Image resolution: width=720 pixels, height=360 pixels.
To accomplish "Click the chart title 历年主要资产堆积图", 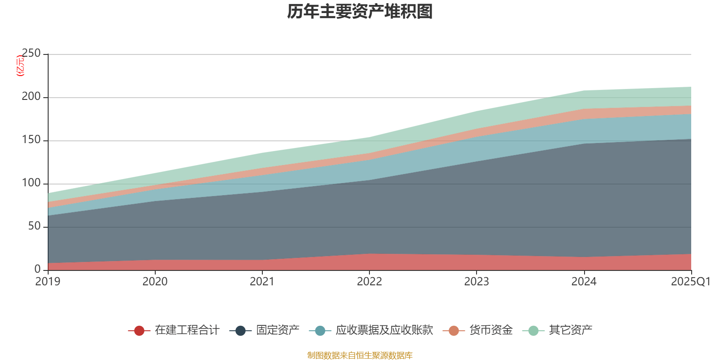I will (x=360, y=12).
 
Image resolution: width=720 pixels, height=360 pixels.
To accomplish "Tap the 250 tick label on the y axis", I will (x=31, y=54).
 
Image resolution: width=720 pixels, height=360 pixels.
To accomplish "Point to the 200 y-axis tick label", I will (x=31, y=97).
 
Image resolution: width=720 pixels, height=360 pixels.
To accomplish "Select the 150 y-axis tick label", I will (x=31, y=140).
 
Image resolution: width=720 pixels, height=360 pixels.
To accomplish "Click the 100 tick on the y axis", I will (x=31, y=183).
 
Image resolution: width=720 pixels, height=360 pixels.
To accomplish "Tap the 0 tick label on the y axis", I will (x=37, y=269).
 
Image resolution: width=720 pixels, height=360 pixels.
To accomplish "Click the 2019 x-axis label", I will (x=48, y=282).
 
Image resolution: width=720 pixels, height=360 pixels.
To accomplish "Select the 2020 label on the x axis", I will (x=155, y=282).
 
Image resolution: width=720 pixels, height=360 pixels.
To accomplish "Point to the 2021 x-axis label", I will (x=262, y=282).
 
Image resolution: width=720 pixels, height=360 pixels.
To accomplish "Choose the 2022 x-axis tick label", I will (x=369, y=282).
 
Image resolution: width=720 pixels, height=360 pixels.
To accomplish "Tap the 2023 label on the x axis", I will (x=477, y=282).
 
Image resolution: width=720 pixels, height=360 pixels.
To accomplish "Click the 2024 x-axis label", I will (x=584, y=282).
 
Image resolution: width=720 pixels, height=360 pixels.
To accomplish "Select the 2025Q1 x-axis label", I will (x=690, y=282).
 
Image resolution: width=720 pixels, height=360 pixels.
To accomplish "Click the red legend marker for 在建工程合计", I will (x=139, y=331).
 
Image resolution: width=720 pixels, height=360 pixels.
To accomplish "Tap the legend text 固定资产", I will (x=278, y=330).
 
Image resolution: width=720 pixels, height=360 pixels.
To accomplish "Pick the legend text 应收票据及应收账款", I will (x=384, y=330).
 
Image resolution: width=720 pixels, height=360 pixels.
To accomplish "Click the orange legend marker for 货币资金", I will (x=454, y=331).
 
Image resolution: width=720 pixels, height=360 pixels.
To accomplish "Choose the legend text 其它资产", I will (x=570, y=330).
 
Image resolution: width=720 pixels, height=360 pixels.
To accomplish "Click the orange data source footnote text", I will (x=360, y=355).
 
